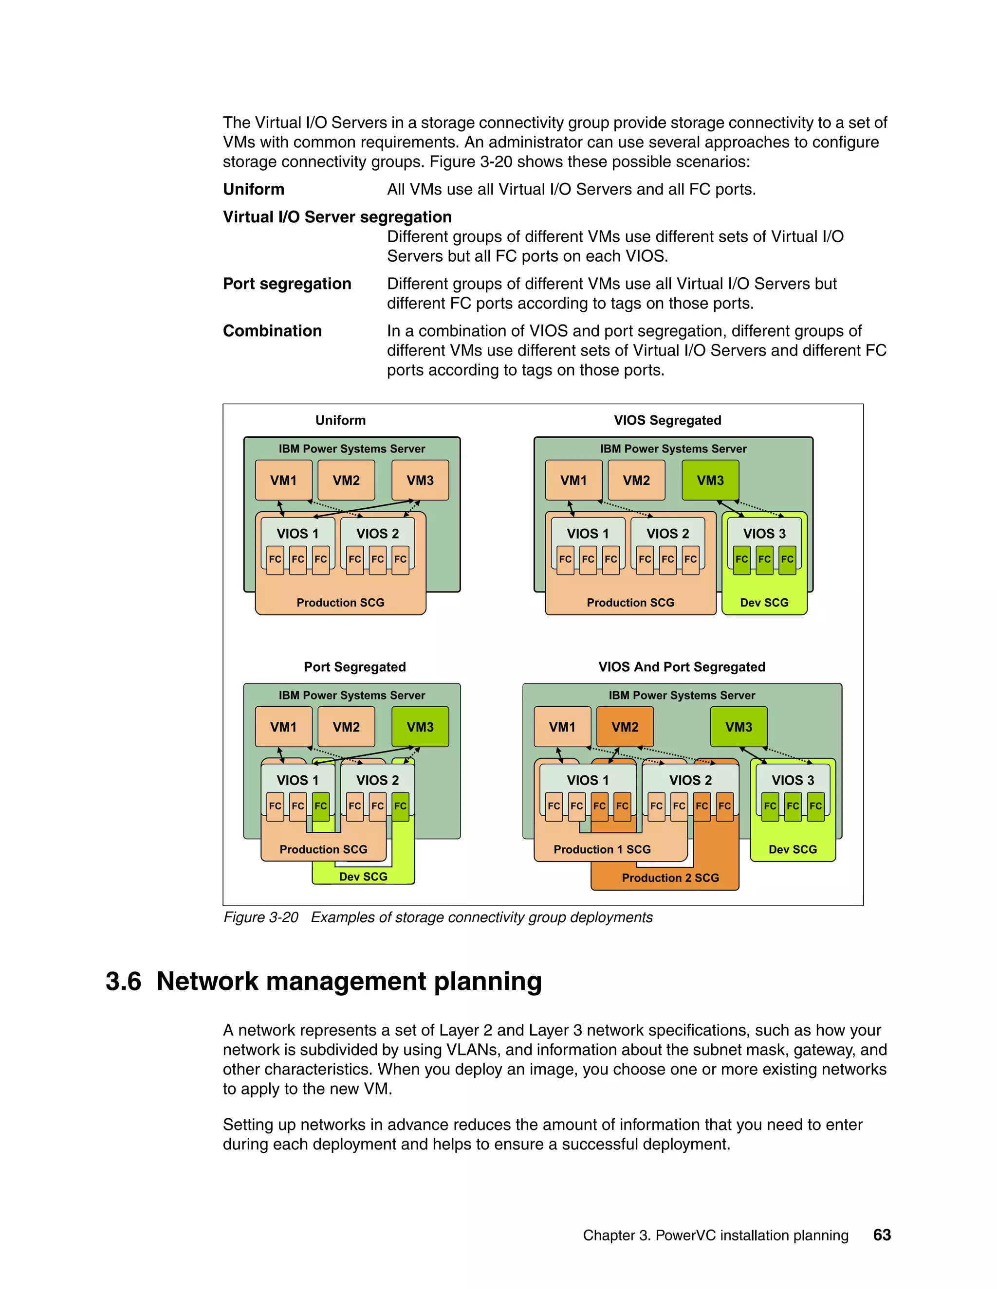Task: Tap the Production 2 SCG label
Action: [670, 877]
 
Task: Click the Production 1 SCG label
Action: [601, 849]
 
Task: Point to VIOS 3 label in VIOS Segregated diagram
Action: [764, 534]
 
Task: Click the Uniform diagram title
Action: [340, 420]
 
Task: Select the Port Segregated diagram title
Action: [354, 667]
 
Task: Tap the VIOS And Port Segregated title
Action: [681, 667]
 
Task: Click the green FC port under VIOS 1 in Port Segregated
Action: [321, 806]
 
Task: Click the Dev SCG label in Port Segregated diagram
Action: [363, 877]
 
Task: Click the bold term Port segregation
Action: [287, 284]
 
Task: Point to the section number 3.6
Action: [123, 982]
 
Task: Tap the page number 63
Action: [881, 1235]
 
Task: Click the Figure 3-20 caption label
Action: [260, 917]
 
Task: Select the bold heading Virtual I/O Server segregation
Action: [337, 217]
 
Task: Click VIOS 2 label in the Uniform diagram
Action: [377, 534]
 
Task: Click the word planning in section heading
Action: [487, 982]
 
